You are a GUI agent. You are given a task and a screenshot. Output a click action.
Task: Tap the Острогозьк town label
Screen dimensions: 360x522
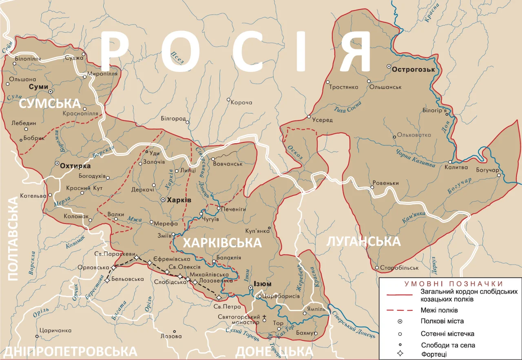414,70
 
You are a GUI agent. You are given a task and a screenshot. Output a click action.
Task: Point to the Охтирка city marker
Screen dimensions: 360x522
57,163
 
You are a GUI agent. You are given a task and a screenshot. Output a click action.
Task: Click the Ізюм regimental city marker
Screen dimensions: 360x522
250,288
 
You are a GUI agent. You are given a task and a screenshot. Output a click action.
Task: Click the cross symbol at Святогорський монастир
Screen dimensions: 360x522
264,316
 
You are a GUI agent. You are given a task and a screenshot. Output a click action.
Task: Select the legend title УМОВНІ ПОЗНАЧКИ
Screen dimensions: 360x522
453,284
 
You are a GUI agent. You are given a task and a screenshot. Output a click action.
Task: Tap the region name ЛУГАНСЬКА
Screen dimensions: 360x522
363,241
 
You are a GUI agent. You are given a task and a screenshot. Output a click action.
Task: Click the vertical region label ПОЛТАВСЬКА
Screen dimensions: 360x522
13,239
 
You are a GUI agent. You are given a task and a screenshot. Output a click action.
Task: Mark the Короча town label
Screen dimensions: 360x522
241,103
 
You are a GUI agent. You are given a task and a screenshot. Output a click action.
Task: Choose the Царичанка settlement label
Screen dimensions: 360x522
55,330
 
